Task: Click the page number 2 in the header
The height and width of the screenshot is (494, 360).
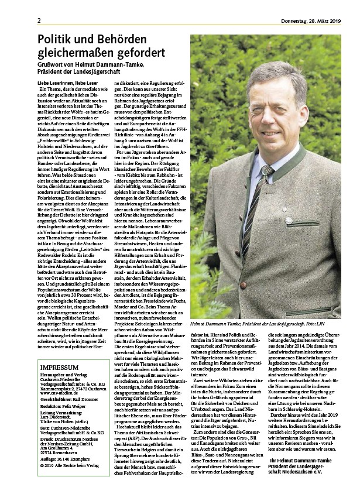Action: click(39, 21)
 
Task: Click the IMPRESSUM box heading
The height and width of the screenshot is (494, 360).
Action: click(60, 367)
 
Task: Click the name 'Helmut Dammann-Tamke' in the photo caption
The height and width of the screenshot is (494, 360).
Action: click(221, 323)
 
